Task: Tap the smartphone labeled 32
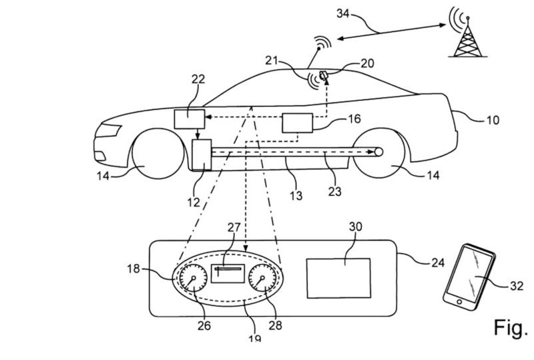pyautogui.click(x=469, y=277)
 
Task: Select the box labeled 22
pyautogui.click(x=190, y=119)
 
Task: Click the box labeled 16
pyautogui.click(x=297, y=123)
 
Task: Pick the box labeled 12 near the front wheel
pyautogui.click(x=202, y=154)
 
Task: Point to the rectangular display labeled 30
pyautogui.click(x=338, y=278)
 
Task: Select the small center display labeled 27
pyautogui.click(x=228, y=273)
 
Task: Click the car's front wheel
pyautogui.click(x=158, y=154)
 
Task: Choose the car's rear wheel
pyautogui.click(x=378, y=152)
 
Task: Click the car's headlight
pyautogui.click(x=108, y=131)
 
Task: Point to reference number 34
pyautogui.click(x=343, y=13)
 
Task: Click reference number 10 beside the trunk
pyautogui.click(x=493, y=120)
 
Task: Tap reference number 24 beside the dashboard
pyautogui.click(x=438, y=262)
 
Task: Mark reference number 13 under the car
pyautogui.click(x=296, y=196)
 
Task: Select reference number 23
pyautogui.click(x=335, y=191)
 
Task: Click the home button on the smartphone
pyautogui.click(x=459, y=302)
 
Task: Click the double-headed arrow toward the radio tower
pyautogui.click(x=391, y=31)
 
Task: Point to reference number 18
pyautogui.click(x=133, y=268)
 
